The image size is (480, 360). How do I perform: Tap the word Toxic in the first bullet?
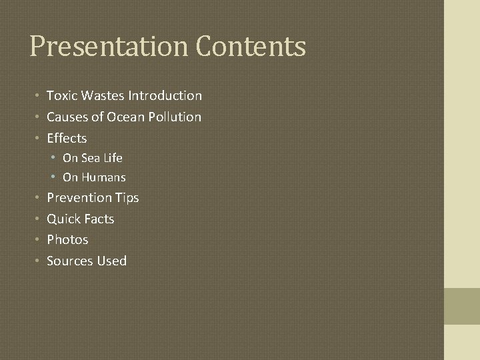(61, 96)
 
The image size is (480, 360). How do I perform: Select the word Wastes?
(100, 96)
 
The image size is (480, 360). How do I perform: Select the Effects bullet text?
(67, 139)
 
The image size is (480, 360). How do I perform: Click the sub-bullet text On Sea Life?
(93, 159)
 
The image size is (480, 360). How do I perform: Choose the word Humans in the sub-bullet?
(103, 178)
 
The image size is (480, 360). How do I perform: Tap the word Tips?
(127, 198)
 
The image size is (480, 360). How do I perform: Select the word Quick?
(63, 219)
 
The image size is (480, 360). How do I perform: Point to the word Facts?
(98, 219)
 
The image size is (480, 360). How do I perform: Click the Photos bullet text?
(67, 240)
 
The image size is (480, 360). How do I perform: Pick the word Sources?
(69, 261)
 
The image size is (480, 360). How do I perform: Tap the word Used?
(111, 261)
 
